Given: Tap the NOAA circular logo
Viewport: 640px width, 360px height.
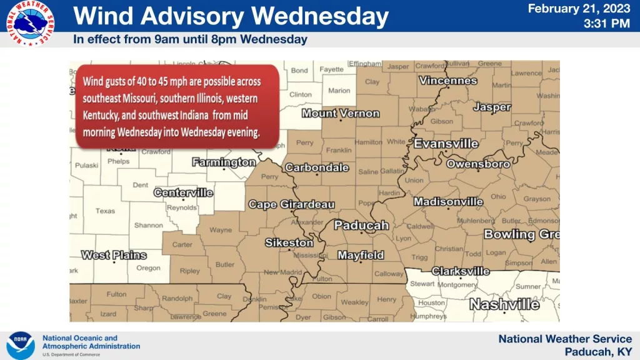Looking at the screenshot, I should pyautogui.click(x=21, y=345).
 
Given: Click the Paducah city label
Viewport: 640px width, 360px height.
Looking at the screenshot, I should pyautogui.click(x=361, y=226).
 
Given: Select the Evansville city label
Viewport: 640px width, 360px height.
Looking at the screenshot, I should pyautogui.click(x=446, y=144).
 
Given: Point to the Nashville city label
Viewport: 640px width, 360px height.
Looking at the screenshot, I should pyautogui.click(x=504, y=304).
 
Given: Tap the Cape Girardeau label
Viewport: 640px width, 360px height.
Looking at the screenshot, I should pyautogui.click(x=291, y=205).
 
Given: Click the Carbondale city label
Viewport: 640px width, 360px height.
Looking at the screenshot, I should pyautogui.click(x=317, y=167).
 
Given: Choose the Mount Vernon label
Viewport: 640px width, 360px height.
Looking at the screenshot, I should pyautogui.click(x=341, y=113).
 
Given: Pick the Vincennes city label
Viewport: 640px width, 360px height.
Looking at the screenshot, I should pyautogui.click(x=447, y=81).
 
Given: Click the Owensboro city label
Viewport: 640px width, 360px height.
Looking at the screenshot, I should pyautogui.click(x=478, y=164).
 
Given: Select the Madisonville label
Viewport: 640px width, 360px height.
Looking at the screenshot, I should pyautogui.click(x=448, y=202).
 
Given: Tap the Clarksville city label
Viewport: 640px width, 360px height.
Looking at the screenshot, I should pyautogui.click(x=461, y=271).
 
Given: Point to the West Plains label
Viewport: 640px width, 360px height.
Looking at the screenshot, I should pyautogui.click(x=114, y=255).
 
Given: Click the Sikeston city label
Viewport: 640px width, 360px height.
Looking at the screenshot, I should pyautogui.click(x=289, y=242).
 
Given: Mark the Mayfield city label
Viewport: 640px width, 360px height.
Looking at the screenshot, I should pyautogui.click(x=361, y=255).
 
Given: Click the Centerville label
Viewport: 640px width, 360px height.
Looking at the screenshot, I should pyautogui.click(x=183, y=192).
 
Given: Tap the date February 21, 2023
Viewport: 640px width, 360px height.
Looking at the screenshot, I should pyautogui.click(x=579, y=9).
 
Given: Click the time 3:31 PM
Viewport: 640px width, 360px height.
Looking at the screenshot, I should pyautogui.click(x=606, y=24).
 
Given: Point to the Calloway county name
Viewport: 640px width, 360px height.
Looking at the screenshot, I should pyautogui.click(x=389, y=274).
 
